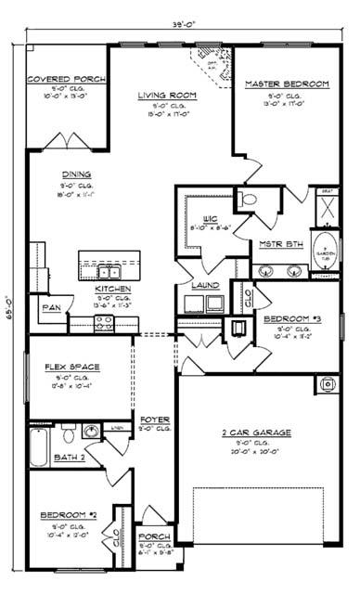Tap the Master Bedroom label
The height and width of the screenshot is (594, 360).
(287, 84)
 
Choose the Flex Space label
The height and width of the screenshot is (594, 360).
(72, 367)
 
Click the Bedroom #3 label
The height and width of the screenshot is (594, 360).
(291, 319)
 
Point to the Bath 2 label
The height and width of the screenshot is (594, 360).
(69, 458)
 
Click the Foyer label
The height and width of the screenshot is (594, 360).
(154, 420)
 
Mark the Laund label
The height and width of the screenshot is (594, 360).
(205, 286)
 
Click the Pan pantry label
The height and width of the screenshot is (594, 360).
(51, 305)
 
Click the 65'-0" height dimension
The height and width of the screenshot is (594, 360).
(8, 305)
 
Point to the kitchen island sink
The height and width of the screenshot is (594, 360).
(108, 272)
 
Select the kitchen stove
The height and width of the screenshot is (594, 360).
(104, 324)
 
